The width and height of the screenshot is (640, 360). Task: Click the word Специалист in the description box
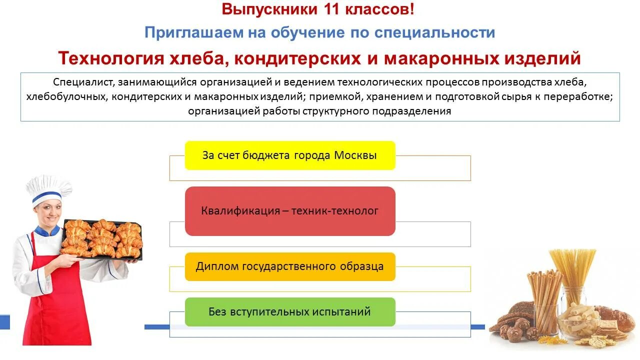coord(78,82)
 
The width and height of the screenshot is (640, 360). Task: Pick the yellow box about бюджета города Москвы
coord(290,155)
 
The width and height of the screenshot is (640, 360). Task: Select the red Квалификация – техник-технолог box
coord(290,211)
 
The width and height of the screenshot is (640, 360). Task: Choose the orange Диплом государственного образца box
coord(290,266)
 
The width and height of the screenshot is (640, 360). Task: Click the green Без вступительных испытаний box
coord(290,312)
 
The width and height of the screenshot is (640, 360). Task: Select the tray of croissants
coord(102,239)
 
